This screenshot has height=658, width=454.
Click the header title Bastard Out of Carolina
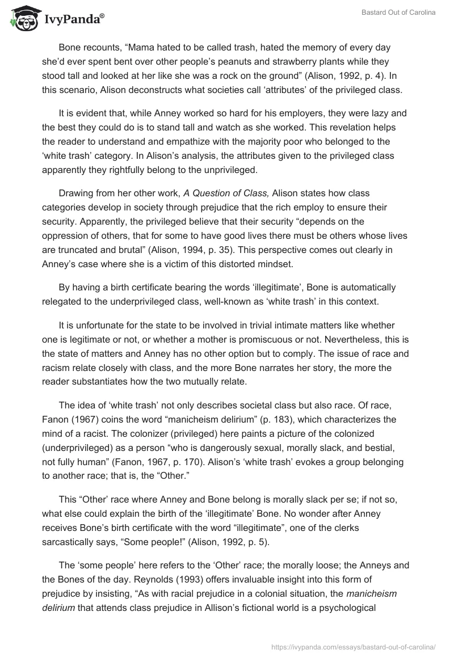(398, 13)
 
